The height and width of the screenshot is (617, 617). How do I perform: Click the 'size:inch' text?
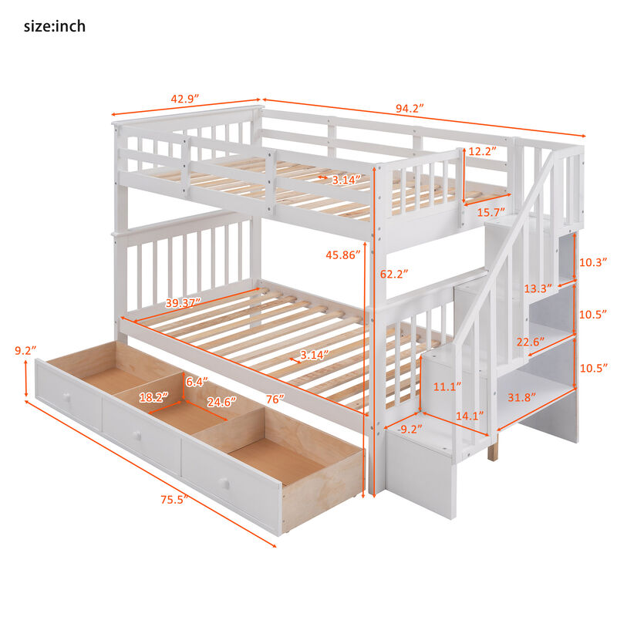coord(54,27)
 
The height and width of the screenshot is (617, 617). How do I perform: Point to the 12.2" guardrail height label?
coord(482,151)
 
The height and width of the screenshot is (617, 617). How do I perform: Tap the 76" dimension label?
coord(275,399)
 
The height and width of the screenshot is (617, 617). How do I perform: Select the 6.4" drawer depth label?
coord(196,380)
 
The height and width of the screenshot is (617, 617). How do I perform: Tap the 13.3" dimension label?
coord(538,288)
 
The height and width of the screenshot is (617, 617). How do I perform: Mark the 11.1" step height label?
coord(447,386)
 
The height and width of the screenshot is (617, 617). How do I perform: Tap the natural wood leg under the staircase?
coord(493,449)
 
